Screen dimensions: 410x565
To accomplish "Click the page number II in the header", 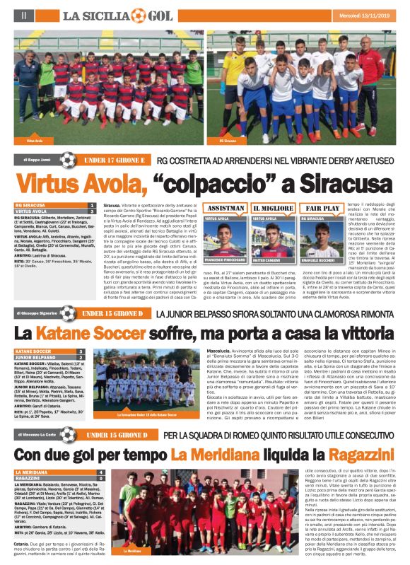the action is [24, 14].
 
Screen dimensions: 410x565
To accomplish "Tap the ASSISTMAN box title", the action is [223, 209].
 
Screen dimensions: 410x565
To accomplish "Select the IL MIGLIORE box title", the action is [272, 209].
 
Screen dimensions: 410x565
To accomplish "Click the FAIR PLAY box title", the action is [320, 209].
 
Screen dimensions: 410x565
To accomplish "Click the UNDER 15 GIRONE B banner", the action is [110, 313].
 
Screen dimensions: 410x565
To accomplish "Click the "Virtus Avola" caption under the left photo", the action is [35, 141].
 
